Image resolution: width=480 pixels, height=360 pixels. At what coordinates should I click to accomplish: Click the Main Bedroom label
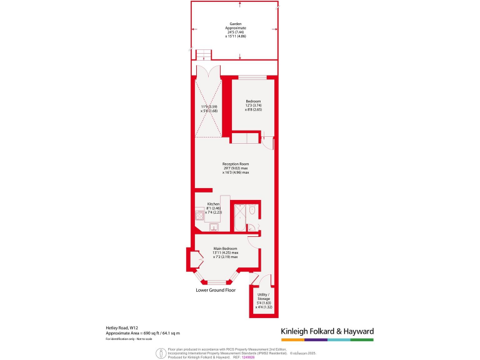(225, 249)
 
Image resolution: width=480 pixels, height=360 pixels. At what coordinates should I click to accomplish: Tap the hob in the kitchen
(199, 216)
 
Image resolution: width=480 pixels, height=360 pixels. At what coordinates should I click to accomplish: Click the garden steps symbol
(203, 55)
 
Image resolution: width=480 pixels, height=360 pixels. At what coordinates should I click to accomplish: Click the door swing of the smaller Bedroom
(267, 140)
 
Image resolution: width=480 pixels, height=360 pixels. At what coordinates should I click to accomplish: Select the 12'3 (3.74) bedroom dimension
(253, 106)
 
